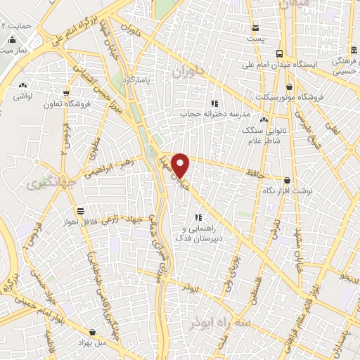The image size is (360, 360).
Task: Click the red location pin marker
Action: (181, 165)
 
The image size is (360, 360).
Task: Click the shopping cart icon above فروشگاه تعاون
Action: (65, 91)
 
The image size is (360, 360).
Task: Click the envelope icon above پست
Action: (255, 27)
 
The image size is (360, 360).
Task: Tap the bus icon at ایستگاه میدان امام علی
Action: (279, 53)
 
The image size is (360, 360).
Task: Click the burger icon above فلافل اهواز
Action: (81, 210)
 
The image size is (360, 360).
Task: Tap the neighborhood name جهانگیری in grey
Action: (42, 185)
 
